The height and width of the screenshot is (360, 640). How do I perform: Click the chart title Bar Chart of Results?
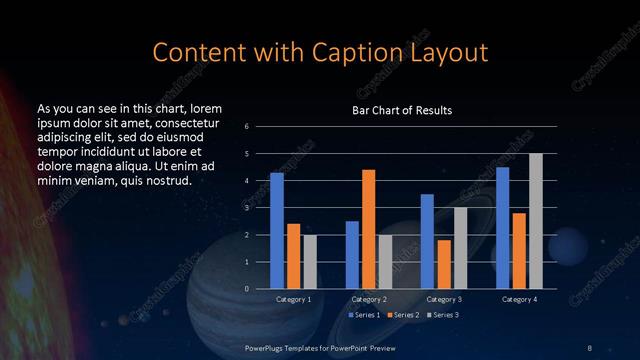coord(402,110)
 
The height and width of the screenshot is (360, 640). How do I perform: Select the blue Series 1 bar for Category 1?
coord(277,231)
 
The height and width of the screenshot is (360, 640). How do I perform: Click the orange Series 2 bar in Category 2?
coord(368,229)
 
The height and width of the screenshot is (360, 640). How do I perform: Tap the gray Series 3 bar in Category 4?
coord(535,221)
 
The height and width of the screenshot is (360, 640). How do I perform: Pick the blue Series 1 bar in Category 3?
coord(427,241)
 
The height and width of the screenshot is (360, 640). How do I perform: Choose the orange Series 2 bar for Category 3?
coord(443,264)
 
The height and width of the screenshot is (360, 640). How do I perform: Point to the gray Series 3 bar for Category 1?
coord(309,262)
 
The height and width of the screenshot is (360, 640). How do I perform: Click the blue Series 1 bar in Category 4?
coord(503,228)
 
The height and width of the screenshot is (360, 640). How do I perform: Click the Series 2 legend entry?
coord(403,315)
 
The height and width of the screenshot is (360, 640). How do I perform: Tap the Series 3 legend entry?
coord(442,315)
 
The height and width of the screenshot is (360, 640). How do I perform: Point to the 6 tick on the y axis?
coord(247,127)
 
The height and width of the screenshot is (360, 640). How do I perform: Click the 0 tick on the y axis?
coord(247,289)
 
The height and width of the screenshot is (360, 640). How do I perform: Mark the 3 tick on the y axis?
coord(247,208)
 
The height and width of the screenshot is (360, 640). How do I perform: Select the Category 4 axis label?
coord(519,299)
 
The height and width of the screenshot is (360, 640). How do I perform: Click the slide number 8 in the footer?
coord(589,347)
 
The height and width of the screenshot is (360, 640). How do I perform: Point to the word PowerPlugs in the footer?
coord(267,347)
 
